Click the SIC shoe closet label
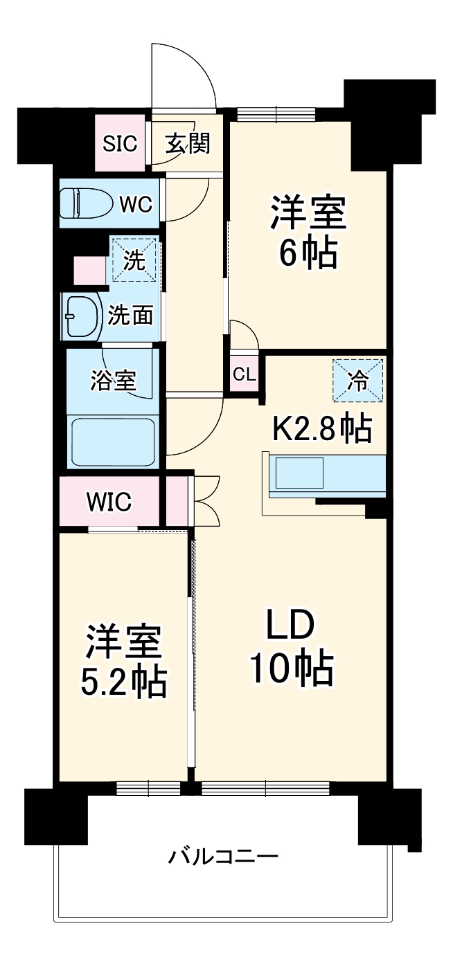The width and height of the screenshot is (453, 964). tap(121, 144)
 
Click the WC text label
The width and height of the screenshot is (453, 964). tap(136, 204)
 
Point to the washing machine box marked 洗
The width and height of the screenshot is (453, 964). tap(134, 260)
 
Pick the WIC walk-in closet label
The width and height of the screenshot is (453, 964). tap(109, 501)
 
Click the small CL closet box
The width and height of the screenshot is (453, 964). tap(244, 374)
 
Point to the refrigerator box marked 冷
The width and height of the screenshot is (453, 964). tap(357, 380)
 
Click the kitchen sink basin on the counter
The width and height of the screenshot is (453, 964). tap(299, 474)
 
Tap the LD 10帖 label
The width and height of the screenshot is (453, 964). tap(291, 646)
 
